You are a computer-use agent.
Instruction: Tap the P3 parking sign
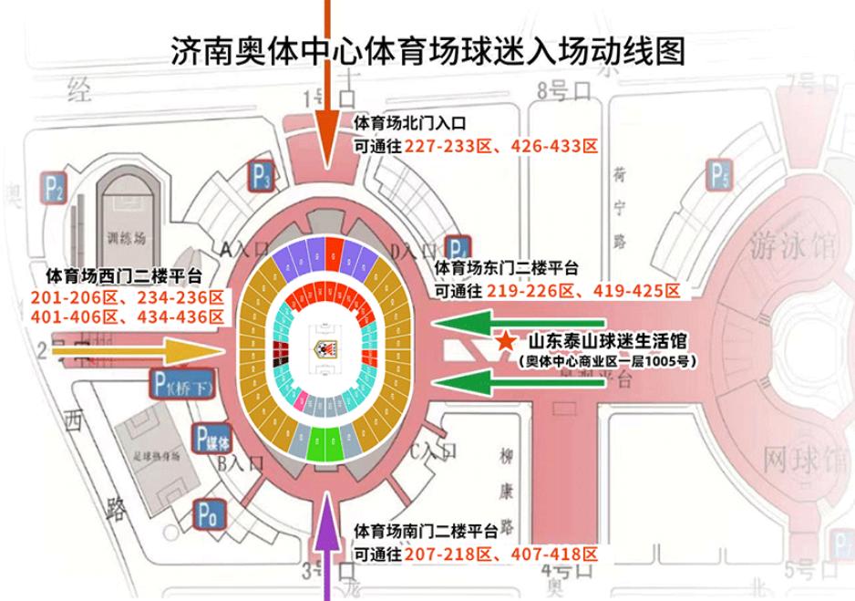click(x=263, y=175)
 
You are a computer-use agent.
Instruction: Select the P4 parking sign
click(x=458, y=249)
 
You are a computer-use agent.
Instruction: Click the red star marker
click(x=504, y=341)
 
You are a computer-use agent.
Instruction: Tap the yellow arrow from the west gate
click(x=137, y=349)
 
